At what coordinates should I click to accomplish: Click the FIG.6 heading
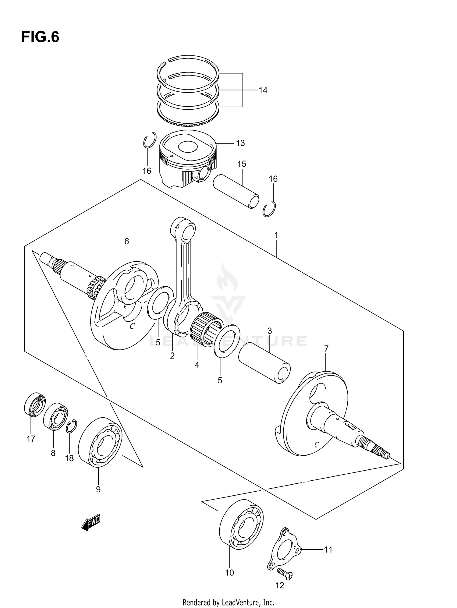(x=40, y=37)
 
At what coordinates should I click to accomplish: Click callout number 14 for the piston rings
(x=263, y=90)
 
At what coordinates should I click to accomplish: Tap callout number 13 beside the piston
(x=240, y=143)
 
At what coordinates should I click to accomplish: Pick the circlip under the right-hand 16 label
(x=269, y=210)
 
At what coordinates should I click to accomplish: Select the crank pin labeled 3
(x=264, y=362)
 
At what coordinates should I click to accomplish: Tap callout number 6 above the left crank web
(x=126, y=242)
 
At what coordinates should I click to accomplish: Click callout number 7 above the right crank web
(x=326, y=348)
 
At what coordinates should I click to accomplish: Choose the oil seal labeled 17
(x=34, y=404)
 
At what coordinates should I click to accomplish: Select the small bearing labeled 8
(x=55, y=416)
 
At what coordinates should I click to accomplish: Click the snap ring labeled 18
(x=72, y=426)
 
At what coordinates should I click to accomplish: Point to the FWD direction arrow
(x=91, y=523)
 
